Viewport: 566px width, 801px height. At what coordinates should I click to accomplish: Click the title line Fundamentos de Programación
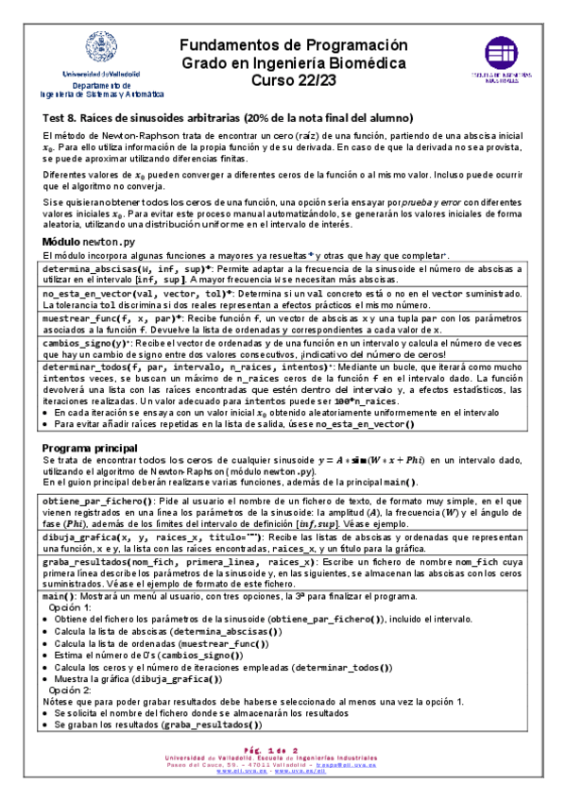pyautogui.click(x=293, y=45)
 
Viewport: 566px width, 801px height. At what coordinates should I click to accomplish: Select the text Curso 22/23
pyautogui.click(x=293, y=79)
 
